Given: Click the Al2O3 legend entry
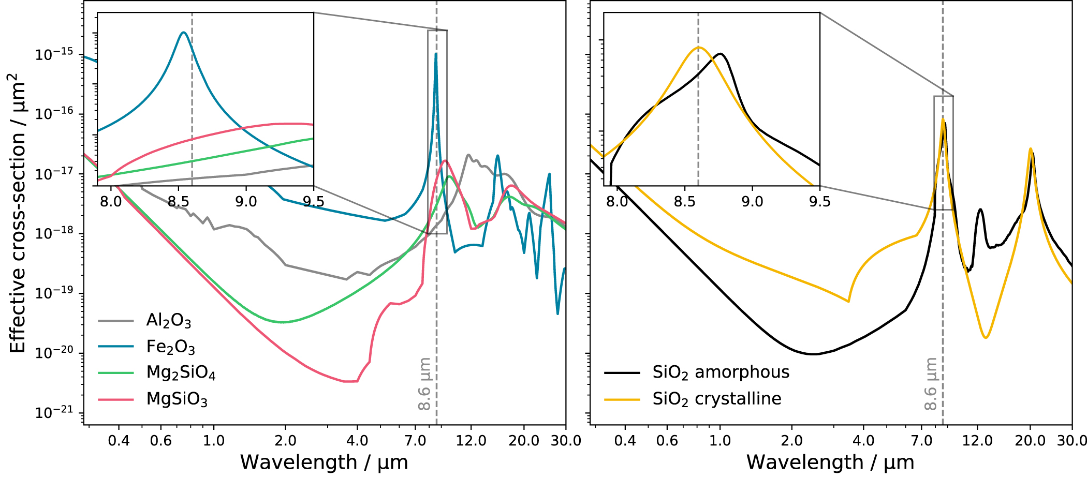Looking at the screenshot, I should [x=168, y=321].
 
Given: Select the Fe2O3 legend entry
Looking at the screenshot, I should [x=170, y=347].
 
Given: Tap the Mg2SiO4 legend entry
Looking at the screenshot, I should [x=181, y=372].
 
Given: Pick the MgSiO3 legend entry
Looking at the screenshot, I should [x=177, y=399].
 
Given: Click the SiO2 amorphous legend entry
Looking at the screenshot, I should [x=721, y=372].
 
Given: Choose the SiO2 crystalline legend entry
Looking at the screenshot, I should [x=716, y=399].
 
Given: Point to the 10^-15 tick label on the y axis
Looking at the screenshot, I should [x=54, y=54].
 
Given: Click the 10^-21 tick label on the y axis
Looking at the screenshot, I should [x=54, y=413].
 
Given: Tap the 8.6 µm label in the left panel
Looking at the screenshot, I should [x=424, y=384].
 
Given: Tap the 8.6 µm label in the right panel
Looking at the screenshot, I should [x=931, y=384].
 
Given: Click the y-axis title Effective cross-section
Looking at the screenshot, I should [x=18, y=213].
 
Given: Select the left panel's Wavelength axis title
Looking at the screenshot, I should [x=324, y=462].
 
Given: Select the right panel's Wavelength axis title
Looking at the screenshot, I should [x=830, y=462].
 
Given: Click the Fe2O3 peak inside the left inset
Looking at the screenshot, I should [x=183, y=33].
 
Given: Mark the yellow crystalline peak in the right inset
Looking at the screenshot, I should [x=699, y=48].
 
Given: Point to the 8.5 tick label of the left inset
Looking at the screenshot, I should [x=178, y=201].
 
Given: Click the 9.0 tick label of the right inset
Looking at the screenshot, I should [x=752, y=201].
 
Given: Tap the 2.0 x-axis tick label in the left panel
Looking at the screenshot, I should [x=285, y=441].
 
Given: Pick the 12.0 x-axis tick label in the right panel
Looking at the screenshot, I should [x=977, y=441].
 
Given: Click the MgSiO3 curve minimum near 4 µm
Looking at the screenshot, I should [x=350, y=381].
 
